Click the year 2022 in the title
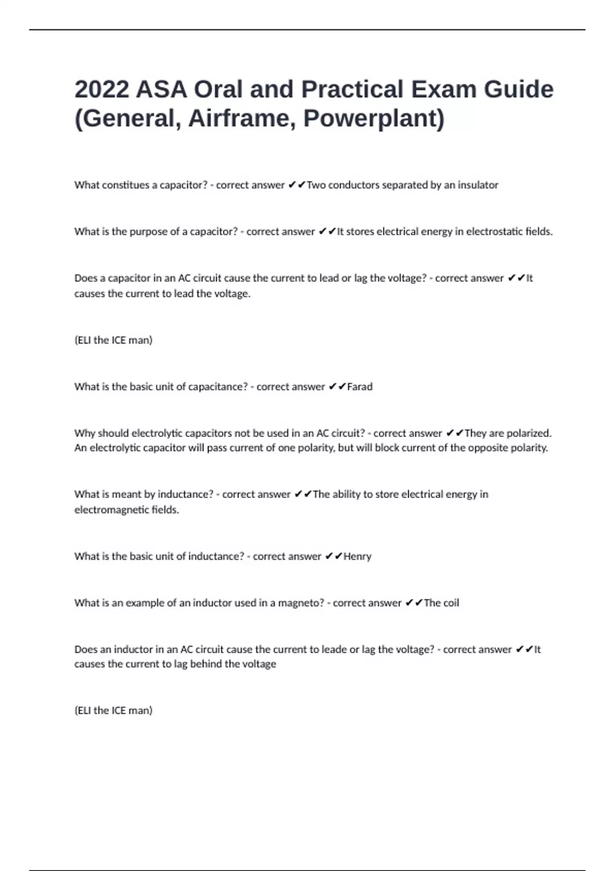101,90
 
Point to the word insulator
477,185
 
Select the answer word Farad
360,387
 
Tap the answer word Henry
357,556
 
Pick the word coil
450,603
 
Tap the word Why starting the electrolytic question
85,433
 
